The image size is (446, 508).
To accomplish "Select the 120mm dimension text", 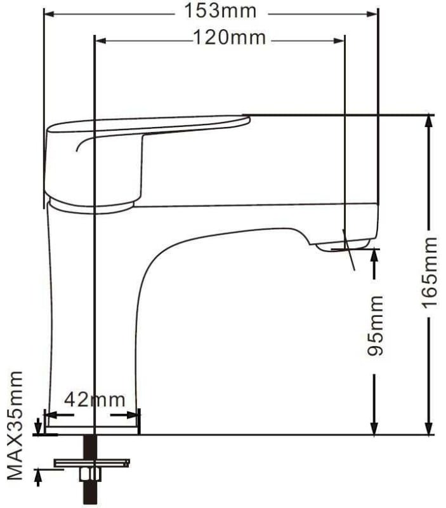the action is point(229,37).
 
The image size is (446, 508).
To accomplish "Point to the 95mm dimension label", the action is point(376,325).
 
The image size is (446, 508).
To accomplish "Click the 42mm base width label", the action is point(95,400).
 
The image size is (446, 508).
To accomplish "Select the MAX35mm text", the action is point(15,425).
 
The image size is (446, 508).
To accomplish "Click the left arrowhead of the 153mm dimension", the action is point(49,14).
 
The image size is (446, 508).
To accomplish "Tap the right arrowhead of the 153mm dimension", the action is point(372,14).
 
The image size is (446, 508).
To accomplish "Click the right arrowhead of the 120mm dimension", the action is point(339,41).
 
